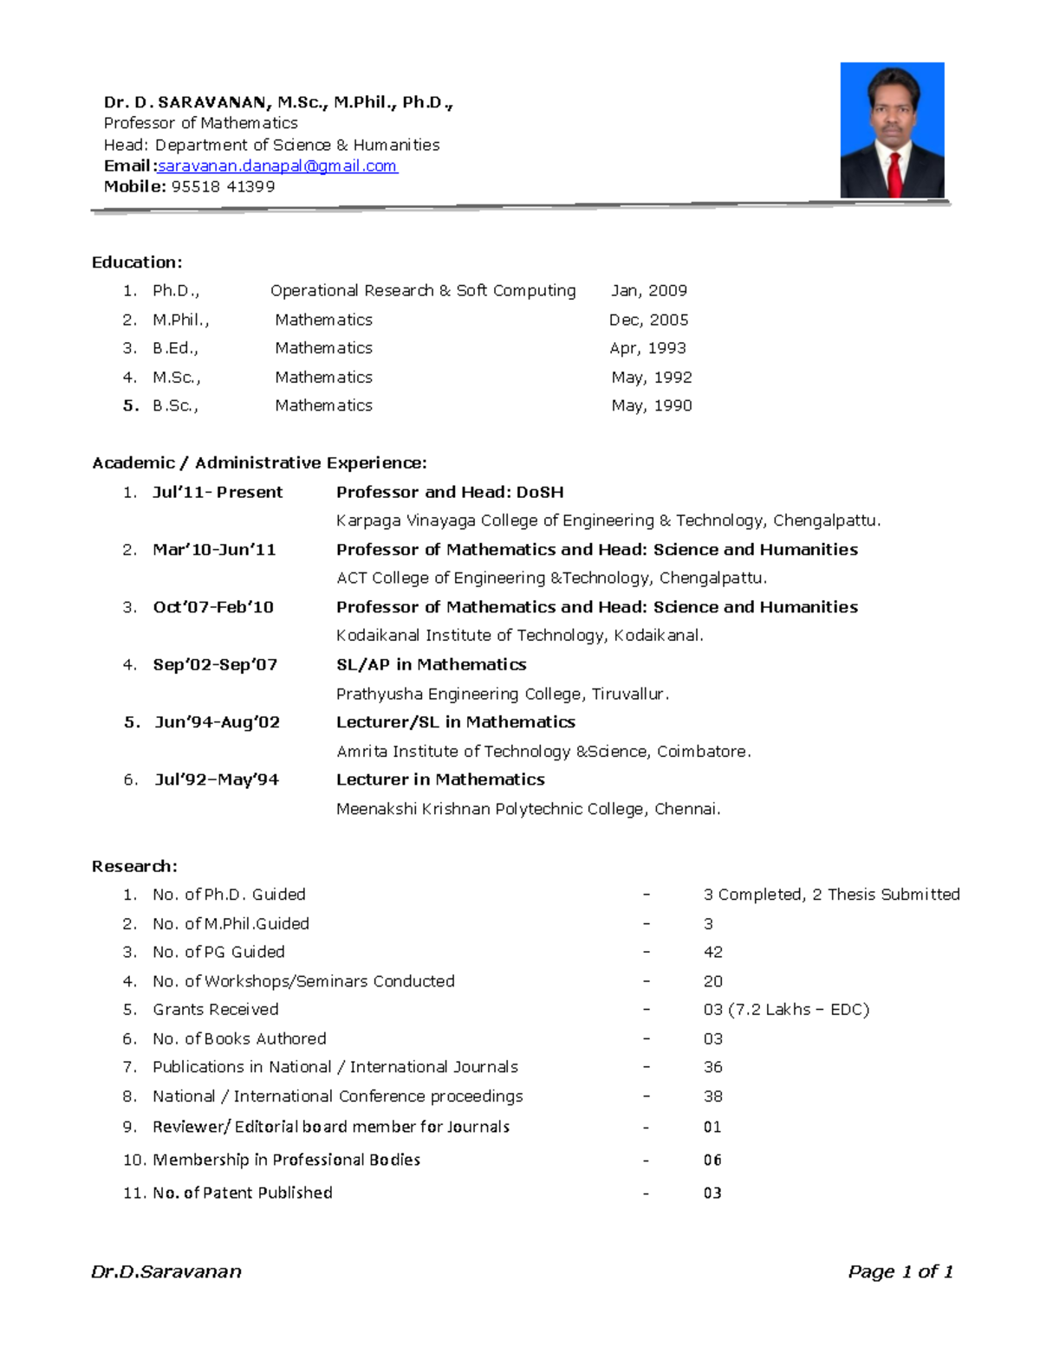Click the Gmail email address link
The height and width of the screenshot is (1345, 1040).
click(x=277, y=165)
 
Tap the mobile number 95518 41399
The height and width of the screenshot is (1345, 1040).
click(x=223, y=186)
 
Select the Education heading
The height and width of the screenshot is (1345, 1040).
click(x=137, y=262)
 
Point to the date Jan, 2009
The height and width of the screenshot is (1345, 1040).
click(x=648, y=291)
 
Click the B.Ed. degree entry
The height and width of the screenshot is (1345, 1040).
click(x=175, y=348)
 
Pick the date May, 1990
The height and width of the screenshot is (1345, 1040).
click(x=651, y=405)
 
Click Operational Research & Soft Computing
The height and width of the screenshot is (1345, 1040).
click(x=423, y=291)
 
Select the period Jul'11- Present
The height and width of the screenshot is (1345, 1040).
click(x=218, y=492)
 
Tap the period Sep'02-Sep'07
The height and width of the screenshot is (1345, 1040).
click(x=215, y=664)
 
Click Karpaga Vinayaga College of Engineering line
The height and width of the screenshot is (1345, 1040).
click(x=608, y=521)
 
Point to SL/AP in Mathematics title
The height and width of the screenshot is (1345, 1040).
click(x=431, y=664)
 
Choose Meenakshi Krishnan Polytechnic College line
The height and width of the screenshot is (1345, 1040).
click(x=528, y=809)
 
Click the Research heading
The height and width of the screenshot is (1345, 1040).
click(x=134, y=866)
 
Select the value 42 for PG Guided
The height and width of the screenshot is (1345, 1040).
click(x=712, y=952)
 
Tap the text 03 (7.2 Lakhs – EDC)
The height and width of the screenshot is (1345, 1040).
click(x=785, y=1009)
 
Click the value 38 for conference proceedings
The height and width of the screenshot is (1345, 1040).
click(x=712, y=1096)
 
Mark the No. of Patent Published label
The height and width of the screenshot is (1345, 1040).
click(x=242, y=1193)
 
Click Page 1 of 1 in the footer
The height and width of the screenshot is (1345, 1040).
click(x=900, y=1271)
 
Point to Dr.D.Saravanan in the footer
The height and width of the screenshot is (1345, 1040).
click(x=166, y=1271)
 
